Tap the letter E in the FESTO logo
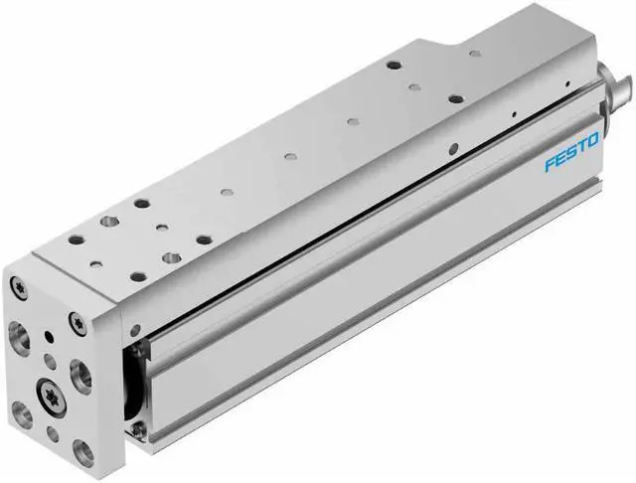click(x=560, y=160)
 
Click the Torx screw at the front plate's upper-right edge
click(x=77, y=321)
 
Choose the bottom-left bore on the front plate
click(x=19, y=404)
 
